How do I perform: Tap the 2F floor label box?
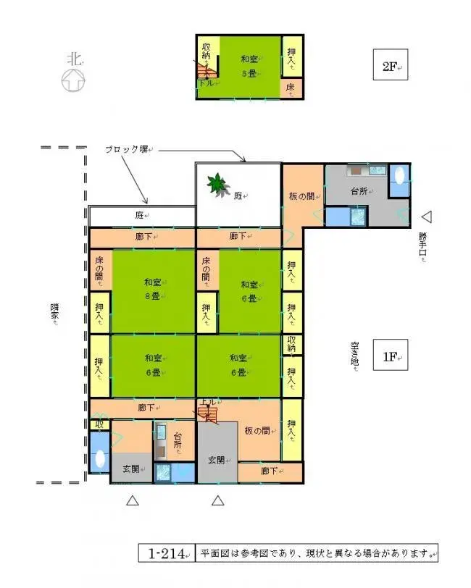click(x=389, y=67)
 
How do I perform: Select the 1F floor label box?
click(x=389, y=356)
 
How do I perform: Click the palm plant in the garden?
click(x=217, y=185)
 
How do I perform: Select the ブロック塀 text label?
click(x=128, y=150)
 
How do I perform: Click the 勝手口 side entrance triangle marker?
click(x=427, y=216)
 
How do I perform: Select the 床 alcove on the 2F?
click(x=291, y=88)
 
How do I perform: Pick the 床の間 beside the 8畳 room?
click(x=99, y=270)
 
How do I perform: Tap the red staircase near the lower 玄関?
click(x=207, y=414)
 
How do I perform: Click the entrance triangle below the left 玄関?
click(x=132, y=500)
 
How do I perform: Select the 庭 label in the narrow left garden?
click(x=141, y=216)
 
